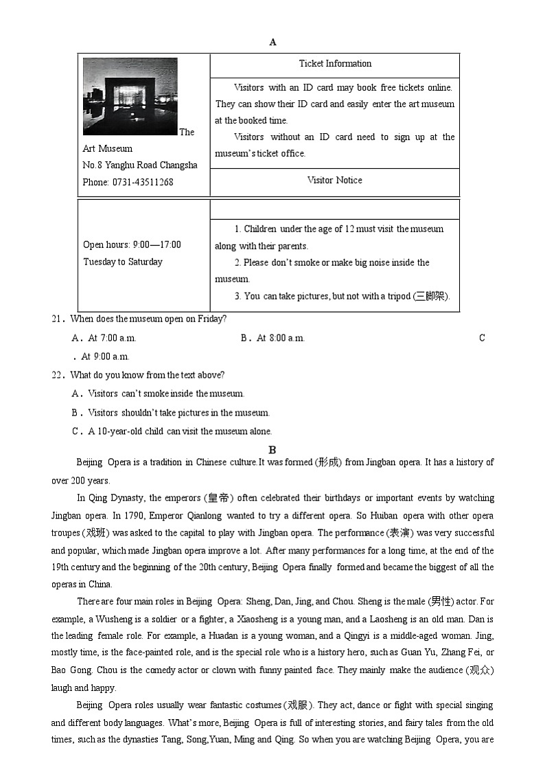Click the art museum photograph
[130, 96]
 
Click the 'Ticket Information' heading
[335, 64]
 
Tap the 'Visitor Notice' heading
[334, 181]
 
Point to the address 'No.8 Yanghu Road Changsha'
[140, 166]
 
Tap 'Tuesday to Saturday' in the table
[123, 262]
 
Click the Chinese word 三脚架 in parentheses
[430, 297]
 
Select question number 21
[58, 319]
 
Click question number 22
[58, 376]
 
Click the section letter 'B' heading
[272, 451]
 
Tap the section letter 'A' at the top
[272, 43]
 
